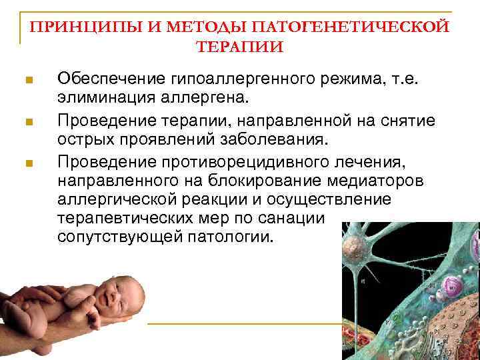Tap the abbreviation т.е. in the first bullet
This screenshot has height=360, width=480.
pyautogui.click(x=408, y=80)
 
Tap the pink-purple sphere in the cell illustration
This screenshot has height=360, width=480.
pyautogui.click(x=449, y=287)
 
